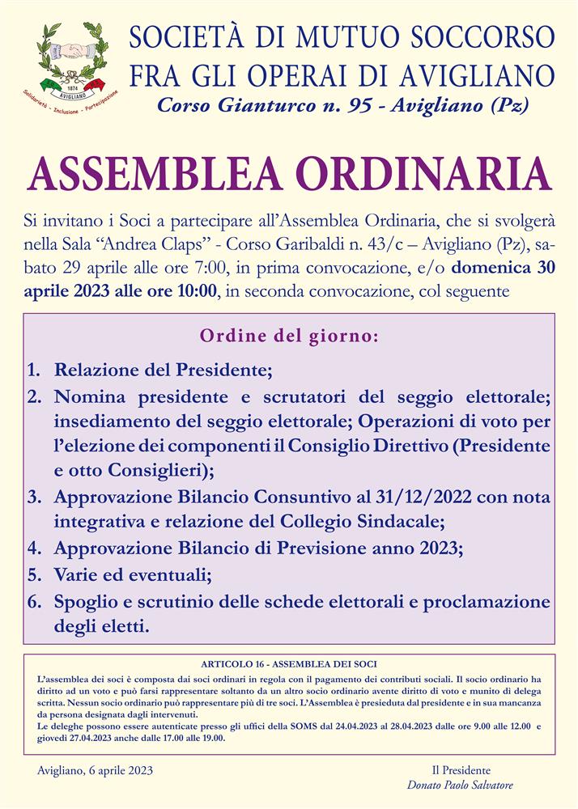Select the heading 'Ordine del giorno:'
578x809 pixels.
point(289,334)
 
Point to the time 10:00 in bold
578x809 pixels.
point(193,290)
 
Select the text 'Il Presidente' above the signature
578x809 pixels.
point(460,770)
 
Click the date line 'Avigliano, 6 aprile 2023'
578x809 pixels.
point(95,769)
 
